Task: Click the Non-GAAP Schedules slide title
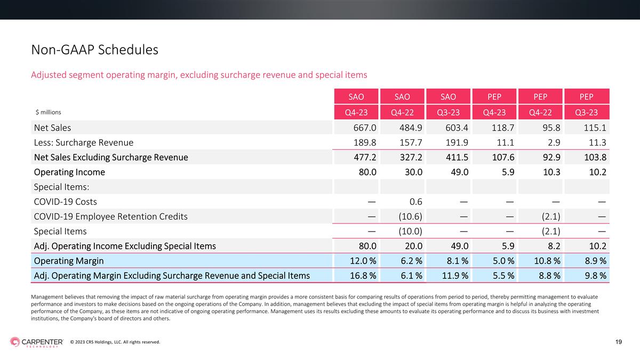pos(94,50)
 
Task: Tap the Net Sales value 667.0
pos(365,127)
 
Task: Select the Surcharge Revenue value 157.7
pos(411,142)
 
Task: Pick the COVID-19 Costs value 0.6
pos(415,202)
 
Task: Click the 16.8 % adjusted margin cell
pos(363,276)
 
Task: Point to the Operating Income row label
pos(69,172)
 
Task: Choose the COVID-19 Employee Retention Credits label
pos(110,217)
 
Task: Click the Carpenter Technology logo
pos(37,342)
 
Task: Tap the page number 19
pos(619,342)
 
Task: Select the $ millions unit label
pos(49,113)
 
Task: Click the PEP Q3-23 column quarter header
pos(587,113)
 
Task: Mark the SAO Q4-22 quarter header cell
pos(402,113)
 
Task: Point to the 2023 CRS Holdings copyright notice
pos(115,342)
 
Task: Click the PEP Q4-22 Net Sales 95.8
pos(551,127)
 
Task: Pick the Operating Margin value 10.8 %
pos(547,261)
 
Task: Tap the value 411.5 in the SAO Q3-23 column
pos(457,157)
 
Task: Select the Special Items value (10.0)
pos(410,231)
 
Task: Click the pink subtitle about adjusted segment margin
pos(199,75)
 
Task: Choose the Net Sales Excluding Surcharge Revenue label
pos(111,157)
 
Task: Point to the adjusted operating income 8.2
pos(554,246)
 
